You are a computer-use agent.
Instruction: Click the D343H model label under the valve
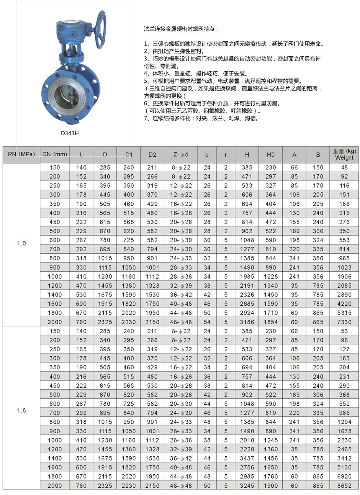[x=70, y=133]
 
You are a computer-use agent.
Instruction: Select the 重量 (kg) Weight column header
[x=344, y=154]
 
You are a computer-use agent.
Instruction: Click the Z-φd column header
[x=181, y=155]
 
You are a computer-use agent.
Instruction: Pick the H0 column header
[x=270, y=155]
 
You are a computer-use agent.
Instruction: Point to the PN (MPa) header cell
[x=21, y=154]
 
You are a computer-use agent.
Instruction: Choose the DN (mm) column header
[x=55, y=154]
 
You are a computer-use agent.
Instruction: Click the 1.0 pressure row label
[x=21, y=244]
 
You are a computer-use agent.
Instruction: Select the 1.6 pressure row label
[x=21, y=411]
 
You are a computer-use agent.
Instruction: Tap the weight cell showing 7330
[x=344, y=322]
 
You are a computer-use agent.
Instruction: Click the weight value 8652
[x=344, y=486]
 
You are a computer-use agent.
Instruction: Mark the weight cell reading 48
[x=344, y=167]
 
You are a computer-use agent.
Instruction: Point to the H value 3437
[x=247, y=459]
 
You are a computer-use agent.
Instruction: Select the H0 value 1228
[x=270, y=277]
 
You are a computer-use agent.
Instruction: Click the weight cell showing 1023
[x=344, y=267]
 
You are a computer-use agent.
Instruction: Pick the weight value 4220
[x=344, y=304]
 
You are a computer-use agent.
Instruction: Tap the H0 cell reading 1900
[x=270, y=486]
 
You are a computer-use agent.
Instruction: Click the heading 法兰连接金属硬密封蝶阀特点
[x=181, y=29]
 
